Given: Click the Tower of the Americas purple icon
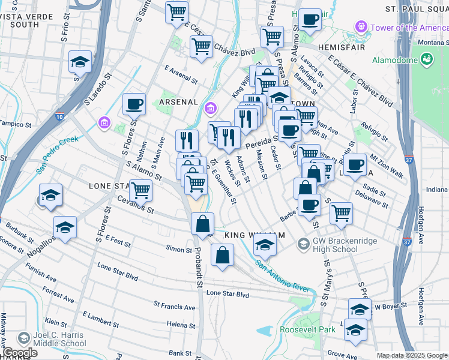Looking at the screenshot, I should point(361,27).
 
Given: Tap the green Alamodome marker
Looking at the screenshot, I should point(427,59).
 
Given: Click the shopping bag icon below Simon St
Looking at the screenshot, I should point(222,255).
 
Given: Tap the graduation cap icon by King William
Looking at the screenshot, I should point(265,244).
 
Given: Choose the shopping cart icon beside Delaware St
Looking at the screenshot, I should point(341,212).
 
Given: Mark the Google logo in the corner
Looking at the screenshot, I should point(20,353).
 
